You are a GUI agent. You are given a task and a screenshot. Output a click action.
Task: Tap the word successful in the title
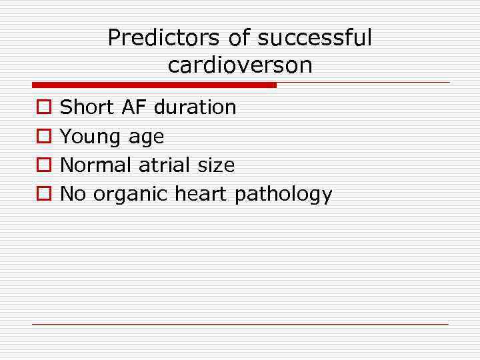pos(315,38)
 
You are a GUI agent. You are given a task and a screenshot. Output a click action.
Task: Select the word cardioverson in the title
pos(240,65)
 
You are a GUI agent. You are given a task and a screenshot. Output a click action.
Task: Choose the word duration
pos(195,107)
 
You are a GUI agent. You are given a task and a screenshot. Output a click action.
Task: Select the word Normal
pos(97,165)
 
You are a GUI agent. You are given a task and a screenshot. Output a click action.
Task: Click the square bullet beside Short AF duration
pos(42,107)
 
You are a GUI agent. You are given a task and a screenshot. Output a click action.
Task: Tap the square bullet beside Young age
pos(42,137)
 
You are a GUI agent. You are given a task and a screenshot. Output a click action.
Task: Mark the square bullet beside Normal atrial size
pos(42,165)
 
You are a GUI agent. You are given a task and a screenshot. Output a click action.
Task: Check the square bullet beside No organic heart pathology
pos(42,194)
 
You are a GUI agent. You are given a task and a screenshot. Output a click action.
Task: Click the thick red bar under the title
pos(154,85)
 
